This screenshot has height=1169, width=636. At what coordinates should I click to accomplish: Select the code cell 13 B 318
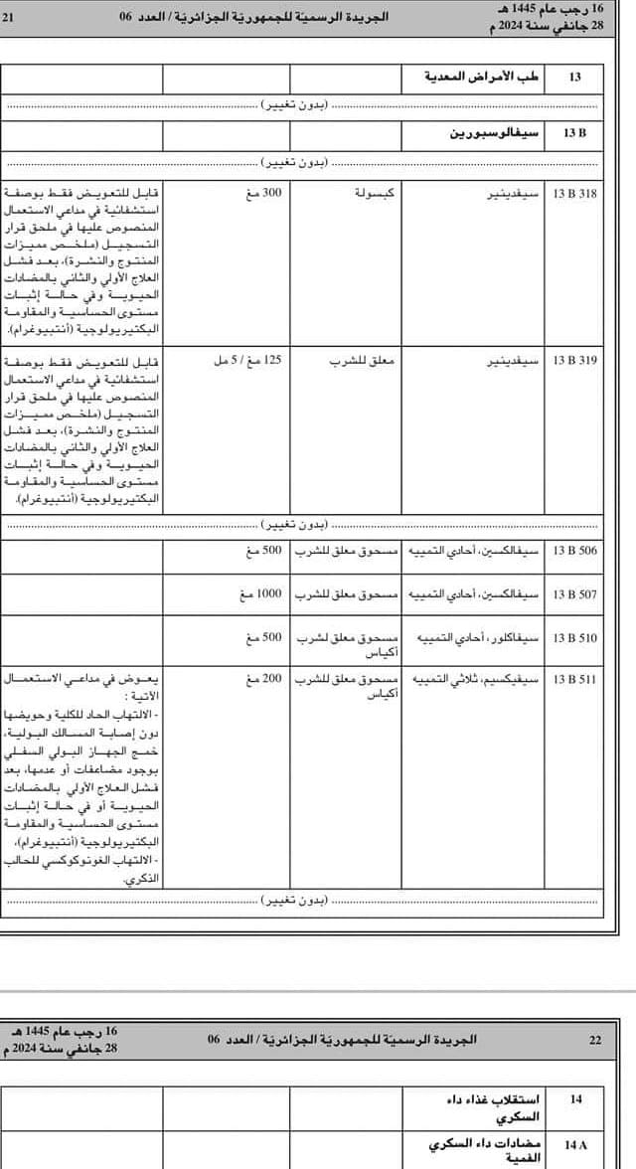[x=574, y=193]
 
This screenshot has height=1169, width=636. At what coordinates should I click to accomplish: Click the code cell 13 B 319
[x=574, y=360]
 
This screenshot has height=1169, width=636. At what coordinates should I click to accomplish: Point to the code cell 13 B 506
[x=574, y=550]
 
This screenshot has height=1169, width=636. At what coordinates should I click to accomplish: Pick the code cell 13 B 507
[x=574, y=594]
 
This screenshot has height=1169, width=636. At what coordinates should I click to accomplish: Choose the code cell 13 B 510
[x=574, y=636]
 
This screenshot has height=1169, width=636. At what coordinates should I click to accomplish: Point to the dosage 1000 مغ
[x=260, y=594]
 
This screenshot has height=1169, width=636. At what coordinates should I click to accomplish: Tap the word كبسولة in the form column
[x=375, y=193]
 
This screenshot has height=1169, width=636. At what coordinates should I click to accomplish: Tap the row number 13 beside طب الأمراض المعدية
[x=574, y=78]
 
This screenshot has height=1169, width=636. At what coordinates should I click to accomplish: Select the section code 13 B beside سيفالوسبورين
[x=574, y=132]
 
